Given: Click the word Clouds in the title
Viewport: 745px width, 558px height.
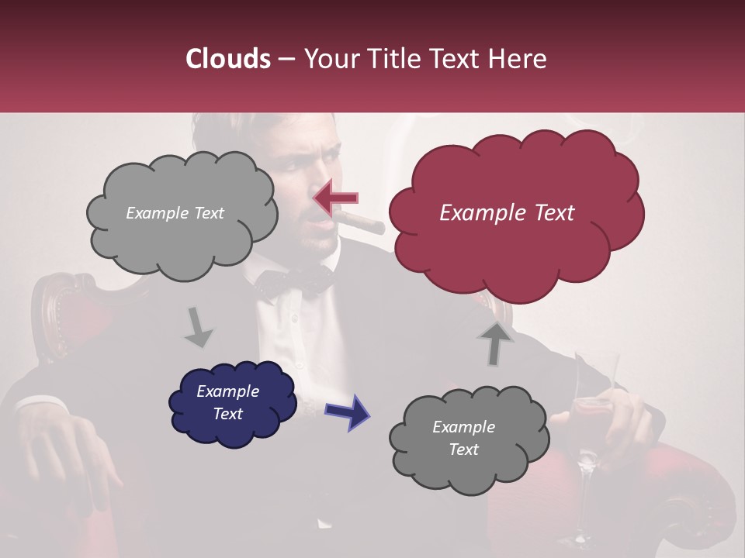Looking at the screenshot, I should point(228,59).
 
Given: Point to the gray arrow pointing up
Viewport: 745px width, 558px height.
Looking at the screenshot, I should point(494,343).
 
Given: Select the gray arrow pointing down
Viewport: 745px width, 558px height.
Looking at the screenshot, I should point(198,326).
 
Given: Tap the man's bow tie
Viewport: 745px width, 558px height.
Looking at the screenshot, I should point(295,282).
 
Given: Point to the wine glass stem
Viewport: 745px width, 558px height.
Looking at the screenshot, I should point(587,496).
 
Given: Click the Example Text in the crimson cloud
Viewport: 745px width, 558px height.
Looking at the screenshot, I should point(507,213).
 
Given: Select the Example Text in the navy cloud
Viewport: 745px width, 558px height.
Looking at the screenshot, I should point(228,402).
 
